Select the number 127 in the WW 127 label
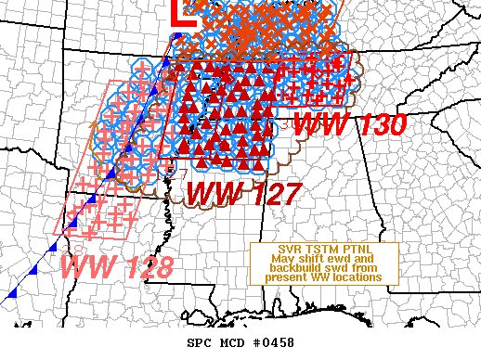pos(270,194)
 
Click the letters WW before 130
pos(317,124)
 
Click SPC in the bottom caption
pos(201,342)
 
